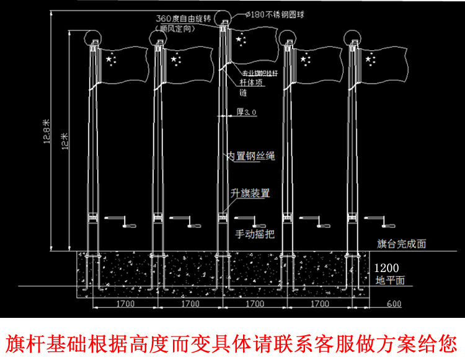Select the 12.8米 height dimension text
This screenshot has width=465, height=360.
click(x=46, y=131)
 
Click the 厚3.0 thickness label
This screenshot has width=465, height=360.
click(x=246, y=112)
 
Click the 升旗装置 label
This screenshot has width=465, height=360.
click(x=250, y=193)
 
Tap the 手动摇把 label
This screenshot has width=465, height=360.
click(x=255, y=234)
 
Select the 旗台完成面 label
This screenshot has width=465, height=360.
click(x=401, y=244)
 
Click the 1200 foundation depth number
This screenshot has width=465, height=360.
click(x=387, y=268)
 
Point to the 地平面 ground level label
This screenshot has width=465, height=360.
click(x=391, y=280)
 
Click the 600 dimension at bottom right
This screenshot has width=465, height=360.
click(x=393, y=304)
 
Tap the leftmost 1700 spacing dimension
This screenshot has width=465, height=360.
click(x=125, y=304)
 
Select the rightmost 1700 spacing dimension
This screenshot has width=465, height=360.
click(x=319, y=304)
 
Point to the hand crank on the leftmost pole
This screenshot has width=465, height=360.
click(x=118, y=221)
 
